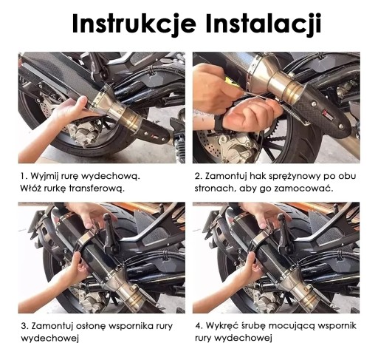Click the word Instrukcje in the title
click(134, 24)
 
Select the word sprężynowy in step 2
click(295, 177)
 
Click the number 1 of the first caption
click(24, 177)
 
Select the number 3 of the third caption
click(24, 326)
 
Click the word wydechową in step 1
click(111, 177)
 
